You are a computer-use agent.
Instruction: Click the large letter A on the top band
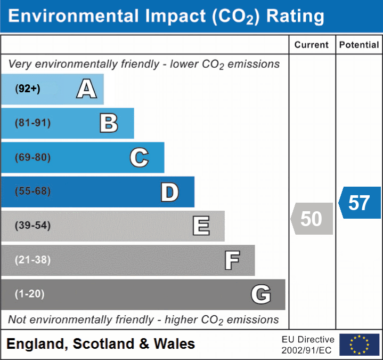pos(86,89)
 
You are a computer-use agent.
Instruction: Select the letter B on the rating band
pos(109,123)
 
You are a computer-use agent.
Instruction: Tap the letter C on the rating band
pos(139,157)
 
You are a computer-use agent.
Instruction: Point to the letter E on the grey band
pos(201,226)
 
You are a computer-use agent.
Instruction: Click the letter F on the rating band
pos(232,260)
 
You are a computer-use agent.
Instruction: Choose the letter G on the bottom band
pos(261,294)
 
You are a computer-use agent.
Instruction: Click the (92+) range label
pos(28,89)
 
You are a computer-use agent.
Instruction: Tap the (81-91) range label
pos(33,123)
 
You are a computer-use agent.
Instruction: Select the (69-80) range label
pos(33,157)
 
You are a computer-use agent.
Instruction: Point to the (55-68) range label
pos(33,191)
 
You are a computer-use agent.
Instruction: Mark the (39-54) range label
pos(33,226)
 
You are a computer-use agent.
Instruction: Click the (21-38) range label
pos(33,260)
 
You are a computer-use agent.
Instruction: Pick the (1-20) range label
pos(30,294)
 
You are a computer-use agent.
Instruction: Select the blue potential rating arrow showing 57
pos(360,203)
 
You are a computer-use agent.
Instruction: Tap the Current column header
pos(312,45)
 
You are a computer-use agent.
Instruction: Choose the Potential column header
pos(359,45)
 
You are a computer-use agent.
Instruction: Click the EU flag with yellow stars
pos(359,345)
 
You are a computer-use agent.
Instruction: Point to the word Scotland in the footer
pos(103,344)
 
